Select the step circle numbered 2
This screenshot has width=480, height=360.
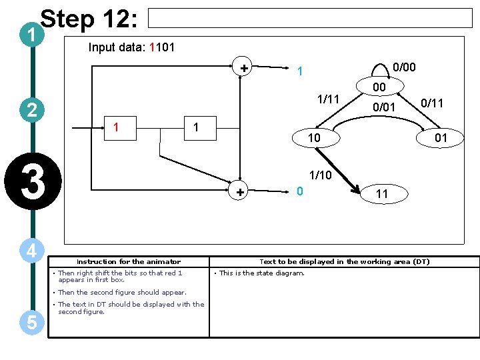pos(32,111)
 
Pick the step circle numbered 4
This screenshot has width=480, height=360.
pos(32,251)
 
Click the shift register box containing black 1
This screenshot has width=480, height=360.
pos(195,127)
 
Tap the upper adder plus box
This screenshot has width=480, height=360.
pos(244,67)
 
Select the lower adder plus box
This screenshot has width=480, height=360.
pos(240,192)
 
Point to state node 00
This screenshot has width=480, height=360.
pos(379,88)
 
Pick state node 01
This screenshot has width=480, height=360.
pos(440,138)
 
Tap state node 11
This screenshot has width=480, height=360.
pos(381,194)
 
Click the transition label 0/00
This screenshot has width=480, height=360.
pos(404,67)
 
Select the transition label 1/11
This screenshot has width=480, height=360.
pos(328,99)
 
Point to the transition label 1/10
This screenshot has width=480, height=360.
pos(321,176)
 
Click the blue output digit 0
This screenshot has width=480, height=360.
pos(300,191)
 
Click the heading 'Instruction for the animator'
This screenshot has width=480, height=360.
pos(129,261)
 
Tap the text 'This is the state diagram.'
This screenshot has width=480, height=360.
pos(261,273)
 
